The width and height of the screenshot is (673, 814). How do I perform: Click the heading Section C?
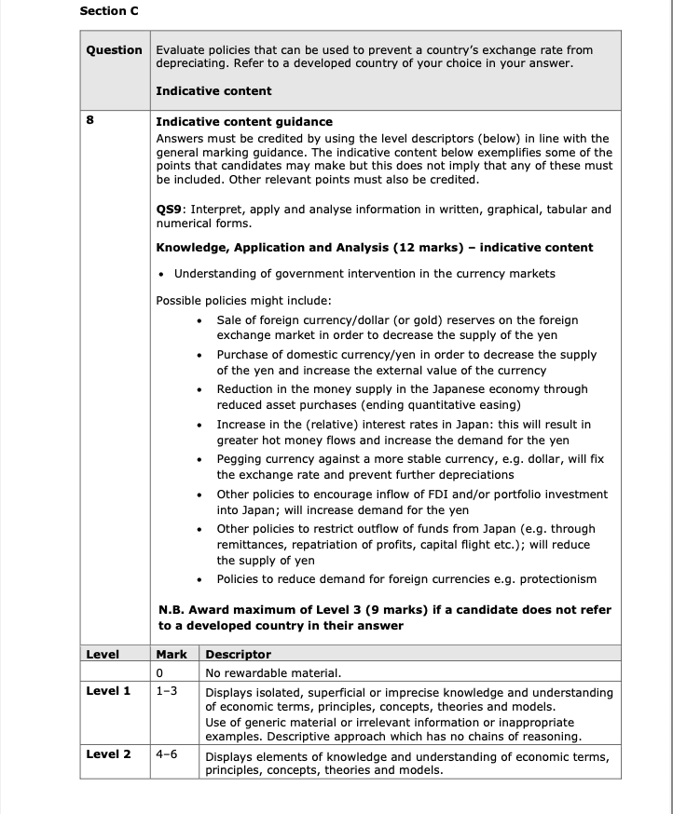[106, 11]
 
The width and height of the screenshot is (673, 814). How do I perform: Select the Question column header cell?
[114, 49]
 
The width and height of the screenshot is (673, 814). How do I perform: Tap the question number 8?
[89, 122]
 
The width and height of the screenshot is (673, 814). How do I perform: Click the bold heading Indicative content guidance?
[243, 122]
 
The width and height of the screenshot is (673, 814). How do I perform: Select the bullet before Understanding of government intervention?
[162, 274]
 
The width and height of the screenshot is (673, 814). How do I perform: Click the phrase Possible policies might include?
[243, 300]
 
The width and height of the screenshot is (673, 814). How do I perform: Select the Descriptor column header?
[238, 655]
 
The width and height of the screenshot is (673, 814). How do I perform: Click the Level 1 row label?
[108, 691]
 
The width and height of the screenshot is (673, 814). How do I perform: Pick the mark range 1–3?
[167, 691]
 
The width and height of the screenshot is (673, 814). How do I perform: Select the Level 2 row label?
[108, 754]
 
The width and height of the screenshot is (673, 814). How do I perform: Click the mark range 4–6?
[167, 754]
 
